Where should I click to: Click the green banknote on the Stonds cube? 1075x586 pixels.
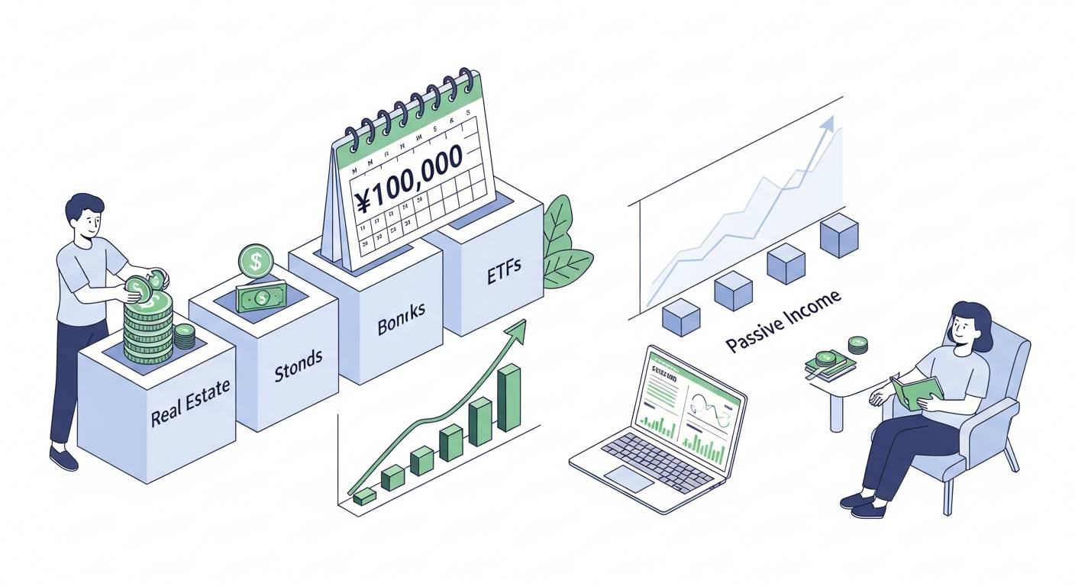click(x=261, y=296)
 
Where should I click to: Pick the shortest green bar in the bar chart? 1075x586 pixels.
click(x=365, y=496)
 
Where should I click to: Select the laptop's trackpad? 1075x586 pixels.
click(x=630, y=479)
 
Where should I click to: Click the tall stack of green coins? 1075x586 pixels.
click(x=148, y=328)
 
